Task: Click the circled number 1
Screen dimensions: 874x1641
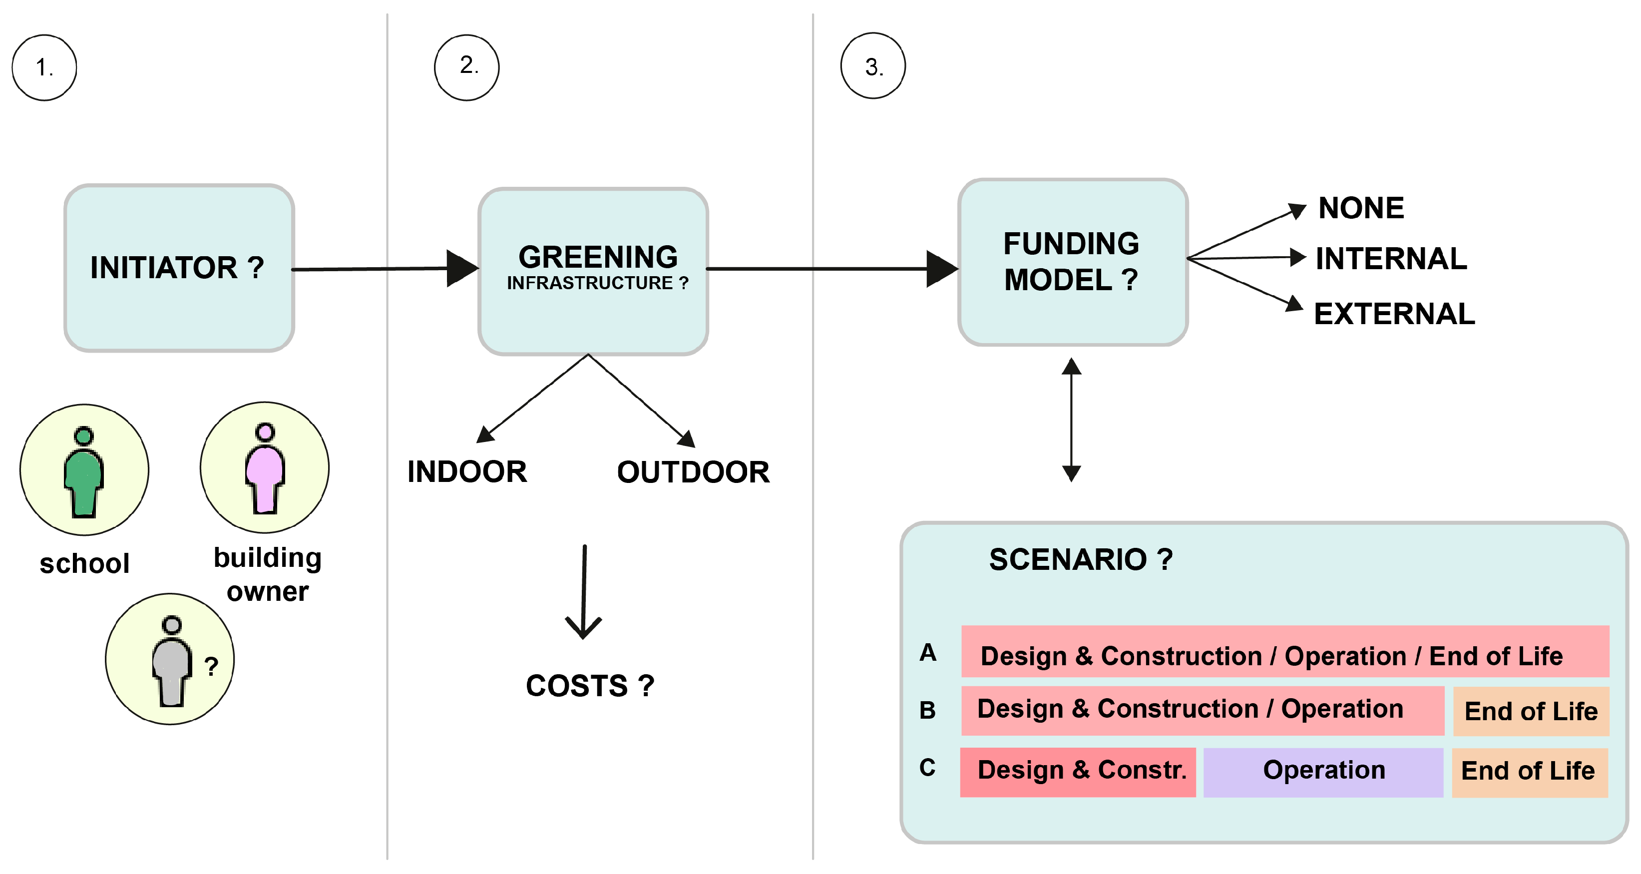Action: click(x=44, y=67)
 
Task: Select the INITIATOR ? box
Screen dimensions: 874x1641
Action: click(x=179, y=268)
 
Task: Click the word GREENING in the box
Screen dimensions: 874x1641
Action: click(x=598, y=257)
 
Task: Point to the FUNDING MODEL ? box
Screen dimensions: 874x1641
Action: click(x=1072, y=262)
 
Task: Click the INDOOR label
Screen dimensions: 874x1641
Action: click(x=467, y=472)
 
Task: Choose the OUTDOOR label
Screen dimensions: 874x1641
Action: click(x=693, y=472)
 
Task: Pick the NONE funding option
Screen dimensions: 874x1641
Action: click(x=1361, y=208)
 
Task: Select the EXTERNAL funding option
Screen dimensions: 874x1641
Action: click(x=1394, y=314)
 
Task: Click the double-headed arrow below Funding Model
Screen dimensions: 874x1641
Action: click(x=1072, y=420)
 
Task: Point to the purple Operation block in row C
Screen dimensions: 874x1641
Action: click(x=1323, y=771)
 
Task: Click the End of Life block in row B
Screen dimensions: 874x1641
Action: click(x=1530, y=711)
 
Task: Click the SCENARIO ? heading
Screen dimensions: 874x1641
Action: click(x=1080, y=560)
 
